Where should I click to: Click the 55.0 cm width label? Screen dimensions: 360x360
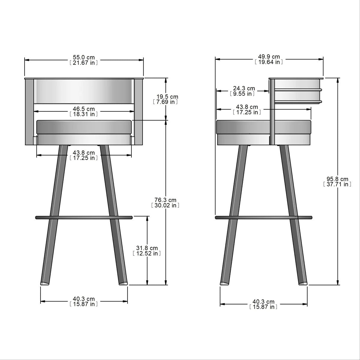(84, 57)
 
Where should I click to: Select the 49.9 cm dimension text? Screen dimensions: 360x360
(269, 57)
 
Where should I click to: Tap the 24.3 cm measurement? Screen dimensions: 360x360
(244, 88)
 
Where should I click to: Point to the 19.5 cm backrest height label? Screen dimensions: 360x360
(167, 97)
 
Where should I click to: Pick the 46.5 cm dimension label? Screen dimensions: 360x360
(84, 109)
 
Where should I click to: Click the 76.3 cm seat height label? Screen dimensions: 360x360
(165, 200)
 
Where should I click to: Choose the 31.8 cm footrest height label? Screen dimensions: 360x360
(147, 248)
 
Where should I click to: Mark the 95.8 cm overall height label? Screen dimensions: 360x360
(337, 179)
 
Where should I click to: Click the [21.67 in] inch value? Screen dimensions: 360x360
(84, 62)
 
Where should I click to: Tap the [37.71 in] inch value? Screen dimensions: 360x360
(337, 184)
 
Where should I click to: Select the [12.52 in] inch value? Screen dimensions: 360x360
(147, 253)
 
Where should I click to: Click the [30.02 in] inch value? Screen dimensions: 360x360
(165, 205)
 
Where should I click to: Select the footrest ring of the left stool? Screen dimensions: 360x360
(84, 217)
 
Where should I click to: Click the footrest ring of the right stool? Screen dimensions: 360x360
(263, 217)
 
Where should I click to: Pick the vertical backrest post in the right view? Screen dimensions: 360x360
(272, 114)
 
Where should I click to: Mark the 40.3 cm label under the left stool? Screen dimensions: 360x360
(84, 299)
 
